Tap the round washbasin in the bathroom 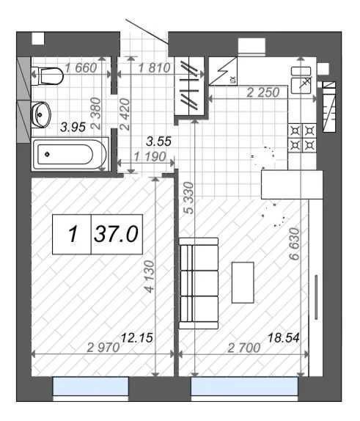point(41,114)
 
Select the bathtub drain point(48,154)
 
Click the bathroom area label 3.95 point(73,127)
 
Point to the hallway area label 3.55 point(158,142)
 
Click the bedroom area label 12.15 point(137,338)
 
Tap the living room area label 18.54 point(284,337)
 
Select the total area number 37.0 point(116,234)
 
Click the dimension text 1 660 point(81,67)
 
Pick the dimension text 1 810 point(155,67)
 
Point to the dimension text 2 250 point(263,92)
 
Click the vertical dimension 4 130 point(150,277)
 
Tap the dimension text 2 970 point(103,348)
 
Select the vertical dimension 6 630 point(294,244)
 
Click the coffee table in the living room point(243,282)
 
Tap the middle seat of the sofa point(199,283)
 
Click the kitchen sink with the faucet point(301,85)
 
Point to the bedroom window point(91,387)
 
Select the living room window point(245,387)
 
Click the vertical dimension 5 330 point(189,198)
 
